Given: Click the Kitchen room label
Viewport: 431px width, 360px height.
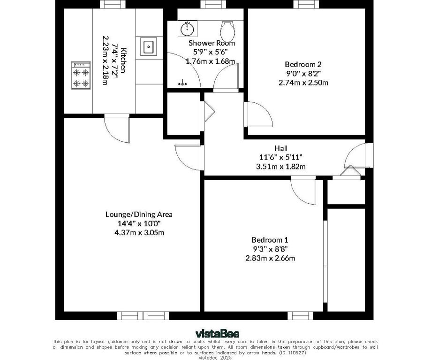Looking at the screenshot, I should tap(123, 60).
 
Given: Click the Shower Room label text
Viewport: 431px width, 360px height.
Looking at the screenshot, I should tap(212, 43).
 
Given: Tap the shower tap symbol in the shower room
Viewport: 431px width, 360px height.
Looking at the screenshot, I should tap(183, 84).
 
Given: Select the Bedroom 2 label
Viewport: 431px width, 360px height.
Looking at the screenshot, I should tap(303, 64).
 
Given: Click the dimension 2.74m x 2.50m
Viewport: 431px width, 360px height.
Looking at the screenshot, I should tap(303, 82).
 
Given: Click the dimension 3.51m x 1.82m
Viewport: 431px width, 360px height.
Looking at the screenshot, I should tap(281, 166).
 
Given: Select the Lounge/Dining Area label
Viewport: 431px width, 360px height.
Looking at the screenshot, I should tap(139, 214).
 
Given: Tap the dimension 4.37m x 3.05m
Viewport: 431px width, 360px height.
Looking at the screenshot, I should tap(139, 232).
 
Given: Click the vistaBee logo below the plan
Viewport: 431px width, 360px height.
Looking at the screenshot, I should tap(215, 334).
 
